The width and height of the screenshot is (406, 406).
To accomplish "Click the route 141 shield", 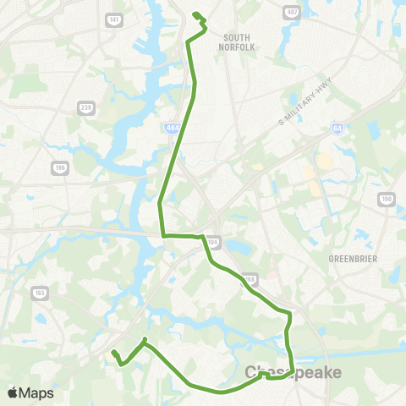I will [x=113, y=19].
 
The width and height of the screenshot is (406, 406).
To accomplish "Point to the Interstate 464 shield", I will [x=172, y=128].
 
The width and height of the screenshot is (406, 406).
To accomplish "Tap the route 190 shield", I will [x=387, y=200].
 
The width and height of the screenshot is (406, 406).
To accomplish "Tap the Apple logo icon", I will [x=14, y=392].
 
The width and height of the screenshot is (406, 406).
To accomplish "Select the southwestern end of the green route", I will [x=112, y=352].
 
